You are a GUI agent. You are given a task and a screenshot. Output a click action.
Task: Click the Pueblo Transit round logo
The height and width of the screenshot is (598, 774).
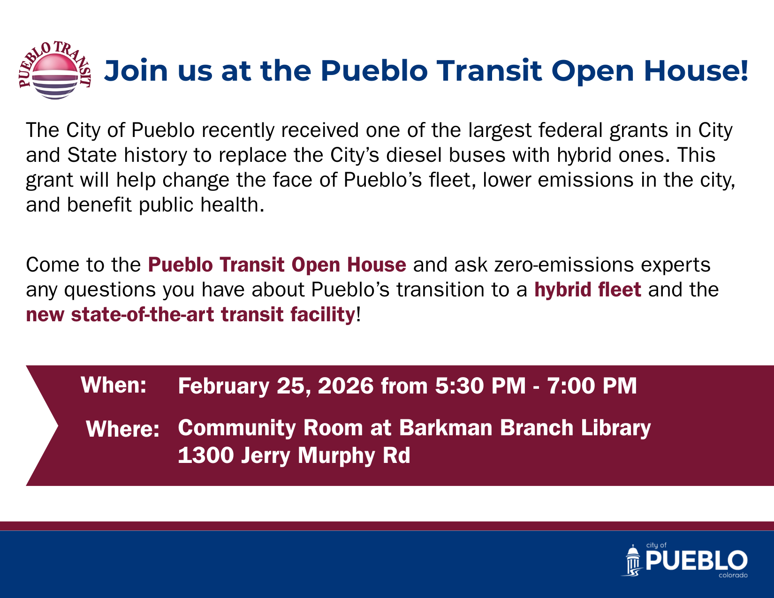(x=55, y=71)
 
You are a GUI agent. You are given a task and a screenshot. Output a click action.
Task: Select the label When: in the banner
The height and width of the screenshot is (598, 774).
(x=114, y=385)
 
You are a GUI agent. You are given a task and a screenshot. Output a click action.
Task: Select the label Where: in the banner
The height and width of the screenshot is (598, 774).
(x=123, y=429)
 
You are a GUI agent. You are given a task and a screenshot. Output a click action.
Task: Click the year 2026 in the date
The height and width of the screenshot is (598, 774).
(x=346, y=386)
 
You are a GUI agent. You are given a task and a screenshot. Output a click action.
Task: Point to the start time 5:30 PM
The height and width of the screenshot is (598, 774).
(x=480, y=386)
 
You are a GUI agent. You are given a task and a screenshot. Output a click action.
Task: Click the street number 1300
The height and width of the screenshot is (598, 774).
(x=205, y=455)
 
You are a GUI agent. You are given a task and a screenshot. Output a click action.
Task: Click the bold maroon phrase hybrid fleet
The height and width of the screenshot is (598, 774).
(x=588, y=289)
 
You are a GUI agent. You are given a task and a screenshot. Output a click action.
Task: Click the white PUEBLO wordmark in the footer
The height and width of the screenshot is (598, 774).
(x=696, y=561)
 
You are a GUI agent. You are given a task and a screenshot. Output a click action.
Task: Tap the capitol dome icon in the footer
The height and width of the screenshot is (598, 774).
(x=634, y=560)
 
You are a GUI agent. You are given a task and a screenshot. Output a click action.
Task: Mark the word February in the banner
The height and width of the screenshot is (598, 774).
(x=224, y=386)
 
